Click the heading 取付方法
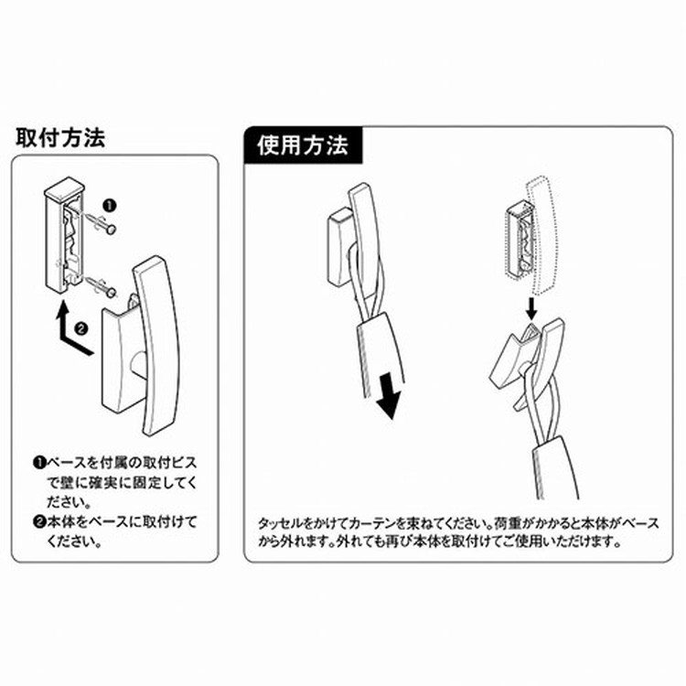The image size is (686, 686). click(x=60, y=137)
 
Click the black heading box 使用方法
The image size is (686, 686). click(x=303, y=145)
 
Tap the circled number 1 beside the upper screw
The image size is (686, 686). click(x=110, y=205)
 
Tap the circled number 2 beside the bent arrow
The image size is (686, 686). click(x=81, y=328)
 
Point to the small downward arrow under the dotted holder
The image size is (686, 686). click(x=531, y=308)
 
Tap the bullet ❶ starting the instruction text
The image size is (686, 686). click(x=40, y=463)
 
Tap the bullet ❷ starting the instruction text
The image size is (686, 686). click(x=40, y=522)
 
